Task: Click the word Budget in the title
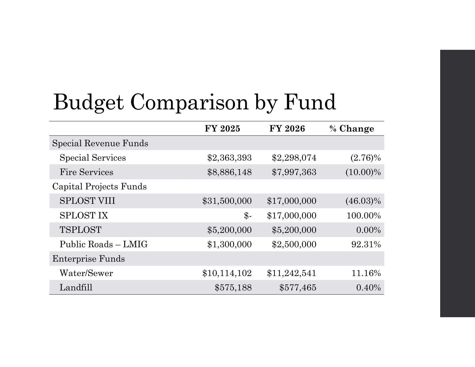[88, 102]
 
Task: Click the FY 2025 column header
[222, 129]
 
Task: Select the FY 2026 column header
[287, 129]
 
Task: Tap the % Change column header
[351, 129]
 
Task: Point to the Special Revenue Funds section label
[100, 143]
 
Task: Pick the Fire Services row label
[86, 172]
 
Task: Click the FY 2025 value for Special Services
[229, 158]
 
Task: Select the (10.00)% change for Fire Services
[363, 172]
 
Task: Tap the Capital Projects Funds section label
[99, 187]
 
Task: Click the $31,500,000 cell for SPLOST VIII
[227, 201]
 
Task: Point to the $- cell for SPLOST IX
[248, 216]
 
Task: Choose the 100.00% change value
[364, 216]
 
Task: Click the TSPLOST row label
[80, 230]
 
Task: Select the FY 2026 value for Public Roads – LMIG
[294, 244]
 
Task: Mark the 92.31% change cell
[366, 244]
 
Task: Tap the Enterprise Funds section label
[88, 259]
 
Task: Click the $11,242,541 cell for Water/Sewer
[291, 273]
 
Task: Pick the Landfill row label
[76, 288]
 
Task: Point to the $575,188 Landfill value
[233, 288]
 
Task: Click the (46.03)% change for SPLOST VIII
[363, 201]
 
